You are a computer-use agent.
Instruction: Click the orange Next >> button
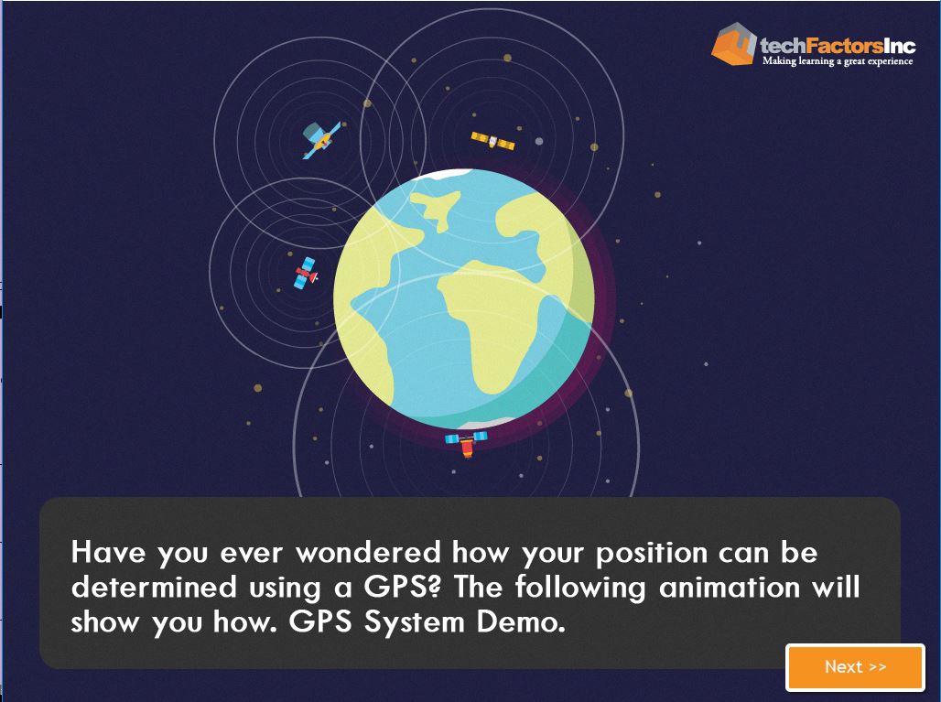click(x=855, y=667)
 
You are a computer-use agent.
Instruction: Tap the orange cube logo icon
click(x=733, y=43)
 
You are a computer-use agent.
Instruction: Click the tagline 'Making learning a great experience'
click(x=838, y=60)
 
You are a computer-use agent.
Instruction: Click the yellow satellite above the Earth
click(x=492, y=142)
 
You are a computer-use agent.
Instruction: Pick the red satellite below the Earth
click(x=466, y=443)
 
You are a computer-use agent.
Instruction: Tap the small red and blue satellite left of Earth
click(x=306, y=273)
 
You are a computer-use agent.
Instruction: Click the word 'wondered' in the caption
click(x=368, y=553)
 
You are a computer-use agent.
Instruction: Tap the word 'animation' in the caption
click(x=730, y=587)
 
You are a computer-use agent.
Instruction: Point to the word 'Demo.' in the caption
click(x=521, y=621)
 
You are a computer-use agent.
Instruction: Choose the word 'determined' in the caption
click(x=154, y=587)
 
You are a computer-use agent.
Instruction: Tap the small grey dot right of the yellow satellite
click(x=539, y=142)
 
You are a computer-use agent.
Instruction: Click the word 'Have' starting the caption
click(x=108, y=553)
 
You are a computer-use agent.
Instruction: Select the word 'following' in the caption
click(x=580, y=589)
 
